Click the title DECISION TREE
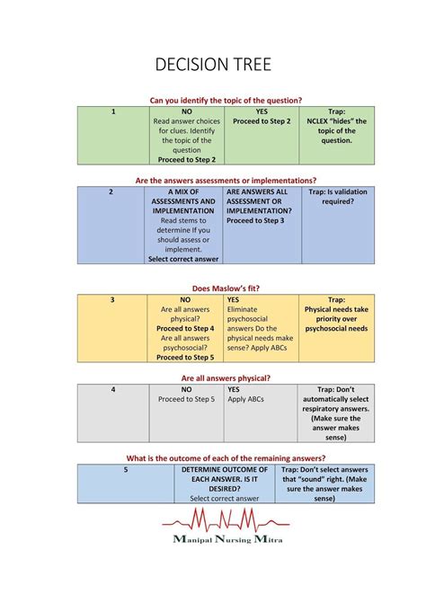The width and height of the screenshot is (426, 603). (213, 65)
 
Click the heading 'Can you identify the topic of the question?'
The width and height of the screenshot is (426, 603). (226, 100)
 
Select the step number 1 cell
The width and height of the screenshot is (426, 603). (114, 111)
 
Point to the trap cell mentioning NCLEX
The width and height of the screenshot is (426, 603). (337, 126)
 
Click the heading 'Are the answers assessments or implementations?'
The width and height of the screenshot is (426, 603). (226, 181)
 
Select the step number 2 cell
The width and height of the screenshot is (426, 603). (111, 192)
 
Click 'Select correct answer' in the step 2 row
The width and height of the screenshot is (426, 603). (183, 259)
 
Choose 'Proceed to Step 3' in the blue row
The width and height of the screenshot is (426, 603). (255, 220)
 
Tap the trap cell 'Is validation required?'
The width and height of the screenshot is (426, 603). (337, 197)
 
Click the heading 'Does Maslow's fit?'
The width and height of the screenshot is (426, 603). (226, 288)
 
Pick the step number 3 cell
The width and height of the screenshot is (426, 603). (112, 300)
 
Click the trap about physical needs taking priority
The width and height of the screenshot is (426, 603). (337, 315)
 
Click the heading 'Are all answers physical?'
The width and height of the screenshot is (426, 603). (226, 378)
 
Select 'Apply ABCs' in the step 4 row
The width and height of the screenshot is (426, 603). (244, 399)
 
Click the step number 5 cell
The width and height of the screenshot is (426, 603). (126, 470)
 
